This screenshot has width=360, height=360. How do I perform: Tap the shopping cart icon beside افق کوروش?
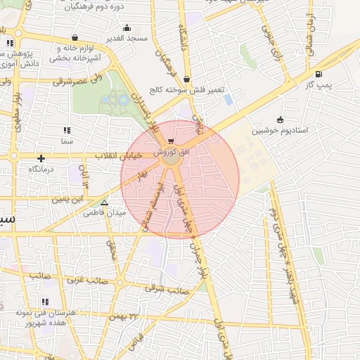click(171, 141)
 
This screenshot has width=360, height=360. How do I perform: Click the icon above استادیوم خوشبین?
click(281, 119)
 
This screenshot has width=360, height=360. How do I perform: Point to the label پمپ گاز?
click(319, 85)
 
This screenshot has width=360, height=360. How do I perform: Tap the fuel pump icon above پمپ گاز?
click(319, 75)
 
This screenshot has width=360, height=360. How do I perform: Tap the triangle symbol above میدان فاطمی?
click(104, 202)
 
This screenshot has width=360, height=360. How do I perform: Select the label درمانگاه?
click(41, 169)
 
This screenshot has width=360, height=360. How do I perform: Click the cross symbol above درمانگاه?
click(41, 158)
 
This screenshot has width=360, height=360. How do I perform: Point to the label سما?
click(67, 141)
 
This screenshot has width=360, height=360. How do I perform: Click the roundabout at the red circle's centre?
click(172, 161)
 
